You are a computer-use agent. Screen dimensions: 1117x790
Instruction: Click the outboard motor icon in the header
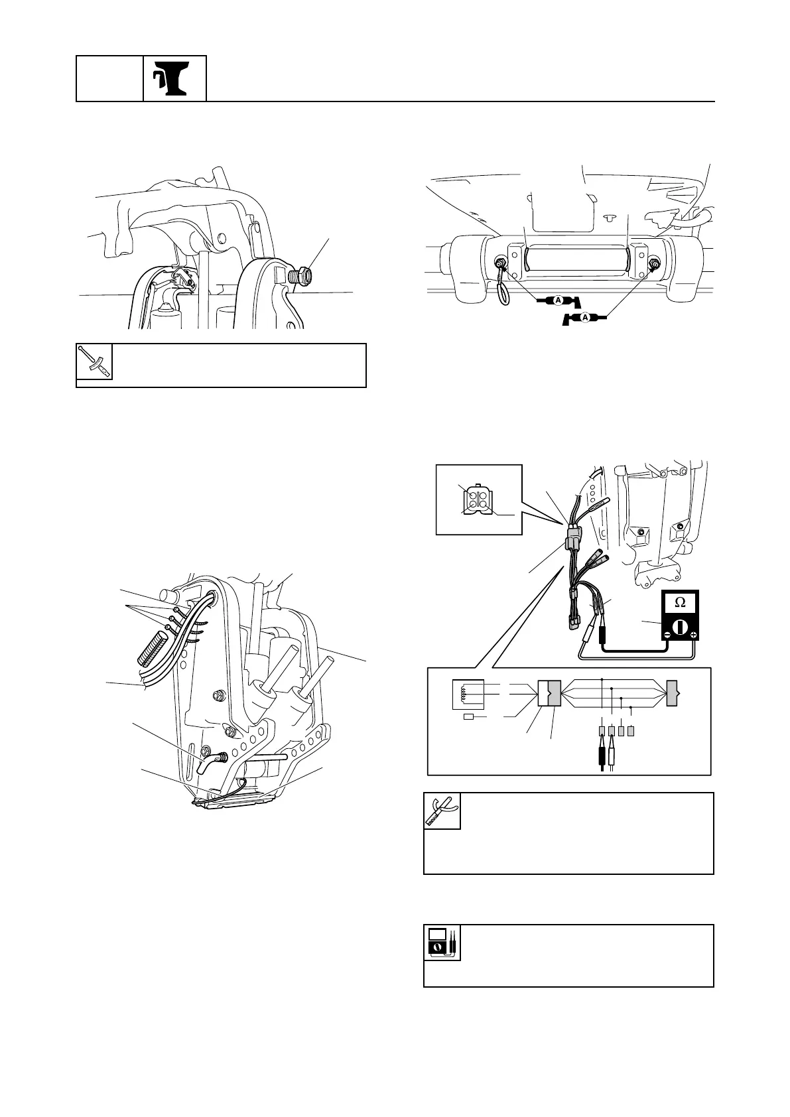point(174,78)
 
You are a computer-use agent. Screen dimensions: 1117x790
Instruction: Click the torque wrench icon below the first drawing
point(94,362)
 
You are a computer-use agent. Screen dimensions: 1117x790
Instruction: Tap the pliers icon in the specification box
point(442,811)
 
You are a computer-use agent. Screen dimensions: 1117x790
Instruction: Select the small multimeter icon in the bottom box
point(442,943)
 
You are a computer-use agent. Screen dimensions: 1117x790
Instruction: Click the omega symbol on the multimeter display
point(680,603)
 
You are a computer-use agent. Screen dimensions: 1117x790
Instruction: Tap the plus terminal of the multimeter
point(692,635)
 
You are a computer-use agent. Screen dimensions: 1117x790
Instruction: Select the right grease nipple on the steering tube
point(654,265)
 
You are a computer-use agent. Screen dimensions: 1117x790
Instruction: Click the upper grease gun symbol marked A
point(558,301)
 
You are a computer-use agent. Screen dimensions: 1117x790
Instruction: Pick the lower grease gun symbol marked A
point(584,319)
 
